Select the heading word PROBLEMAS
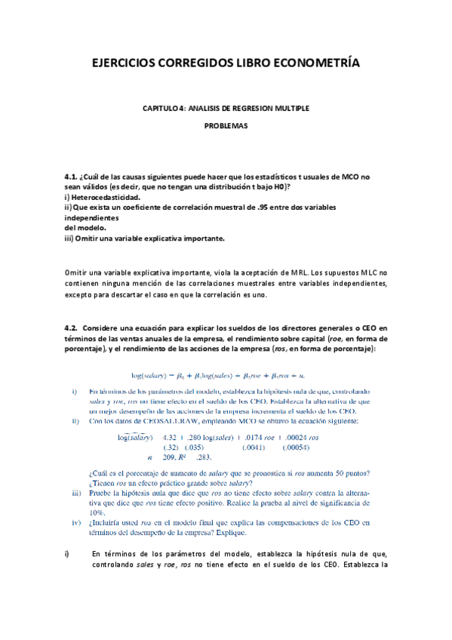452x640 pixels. pos(226,127)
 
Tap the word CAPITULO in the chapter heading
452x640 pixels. pos(160,109)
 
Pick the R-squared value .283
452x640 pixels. pos(203,457)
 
